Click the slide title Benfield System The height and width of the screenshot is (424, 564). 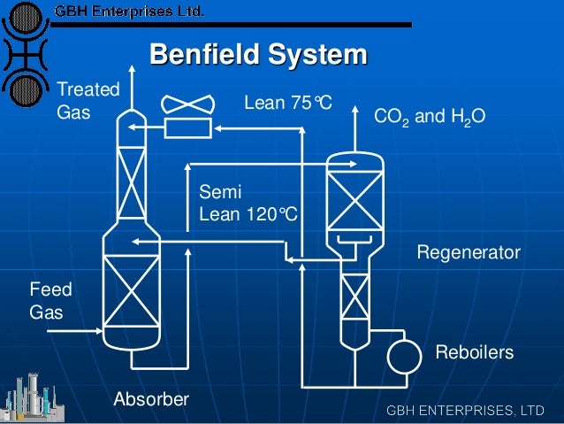[257, 56]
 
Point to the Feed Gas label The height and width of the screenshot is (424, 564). [51, 301]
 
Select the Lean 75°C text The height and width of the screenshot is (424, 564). [287, 104]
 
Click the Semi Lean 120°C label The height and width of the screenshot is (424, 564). [248, 203]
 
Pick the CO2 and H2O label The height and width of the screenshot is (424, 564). [430, 117]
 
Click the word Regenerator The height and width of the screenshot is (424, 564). [468, 253]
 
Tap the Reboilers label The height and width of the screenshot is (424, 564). [474, 352]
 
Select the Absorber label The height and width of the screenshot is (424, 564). [151, 399]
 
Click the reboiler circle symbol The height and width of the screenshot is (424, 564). [404, 356]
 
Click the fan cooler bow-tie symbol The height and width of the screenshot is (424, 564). [188, 104]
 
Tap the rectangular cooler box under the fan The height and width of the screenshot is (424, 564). [188, 128]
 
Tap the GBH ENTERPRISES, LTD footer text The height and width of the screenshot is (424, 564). [464, 411]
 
